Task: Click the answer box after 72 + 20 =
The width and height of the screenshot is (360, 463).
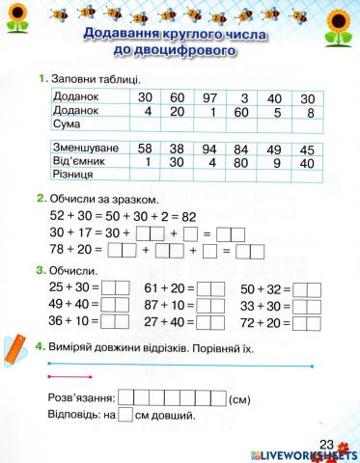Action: pos(307,321)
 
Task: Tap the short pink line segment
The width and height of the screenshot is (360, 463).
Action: pos(69,376)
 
